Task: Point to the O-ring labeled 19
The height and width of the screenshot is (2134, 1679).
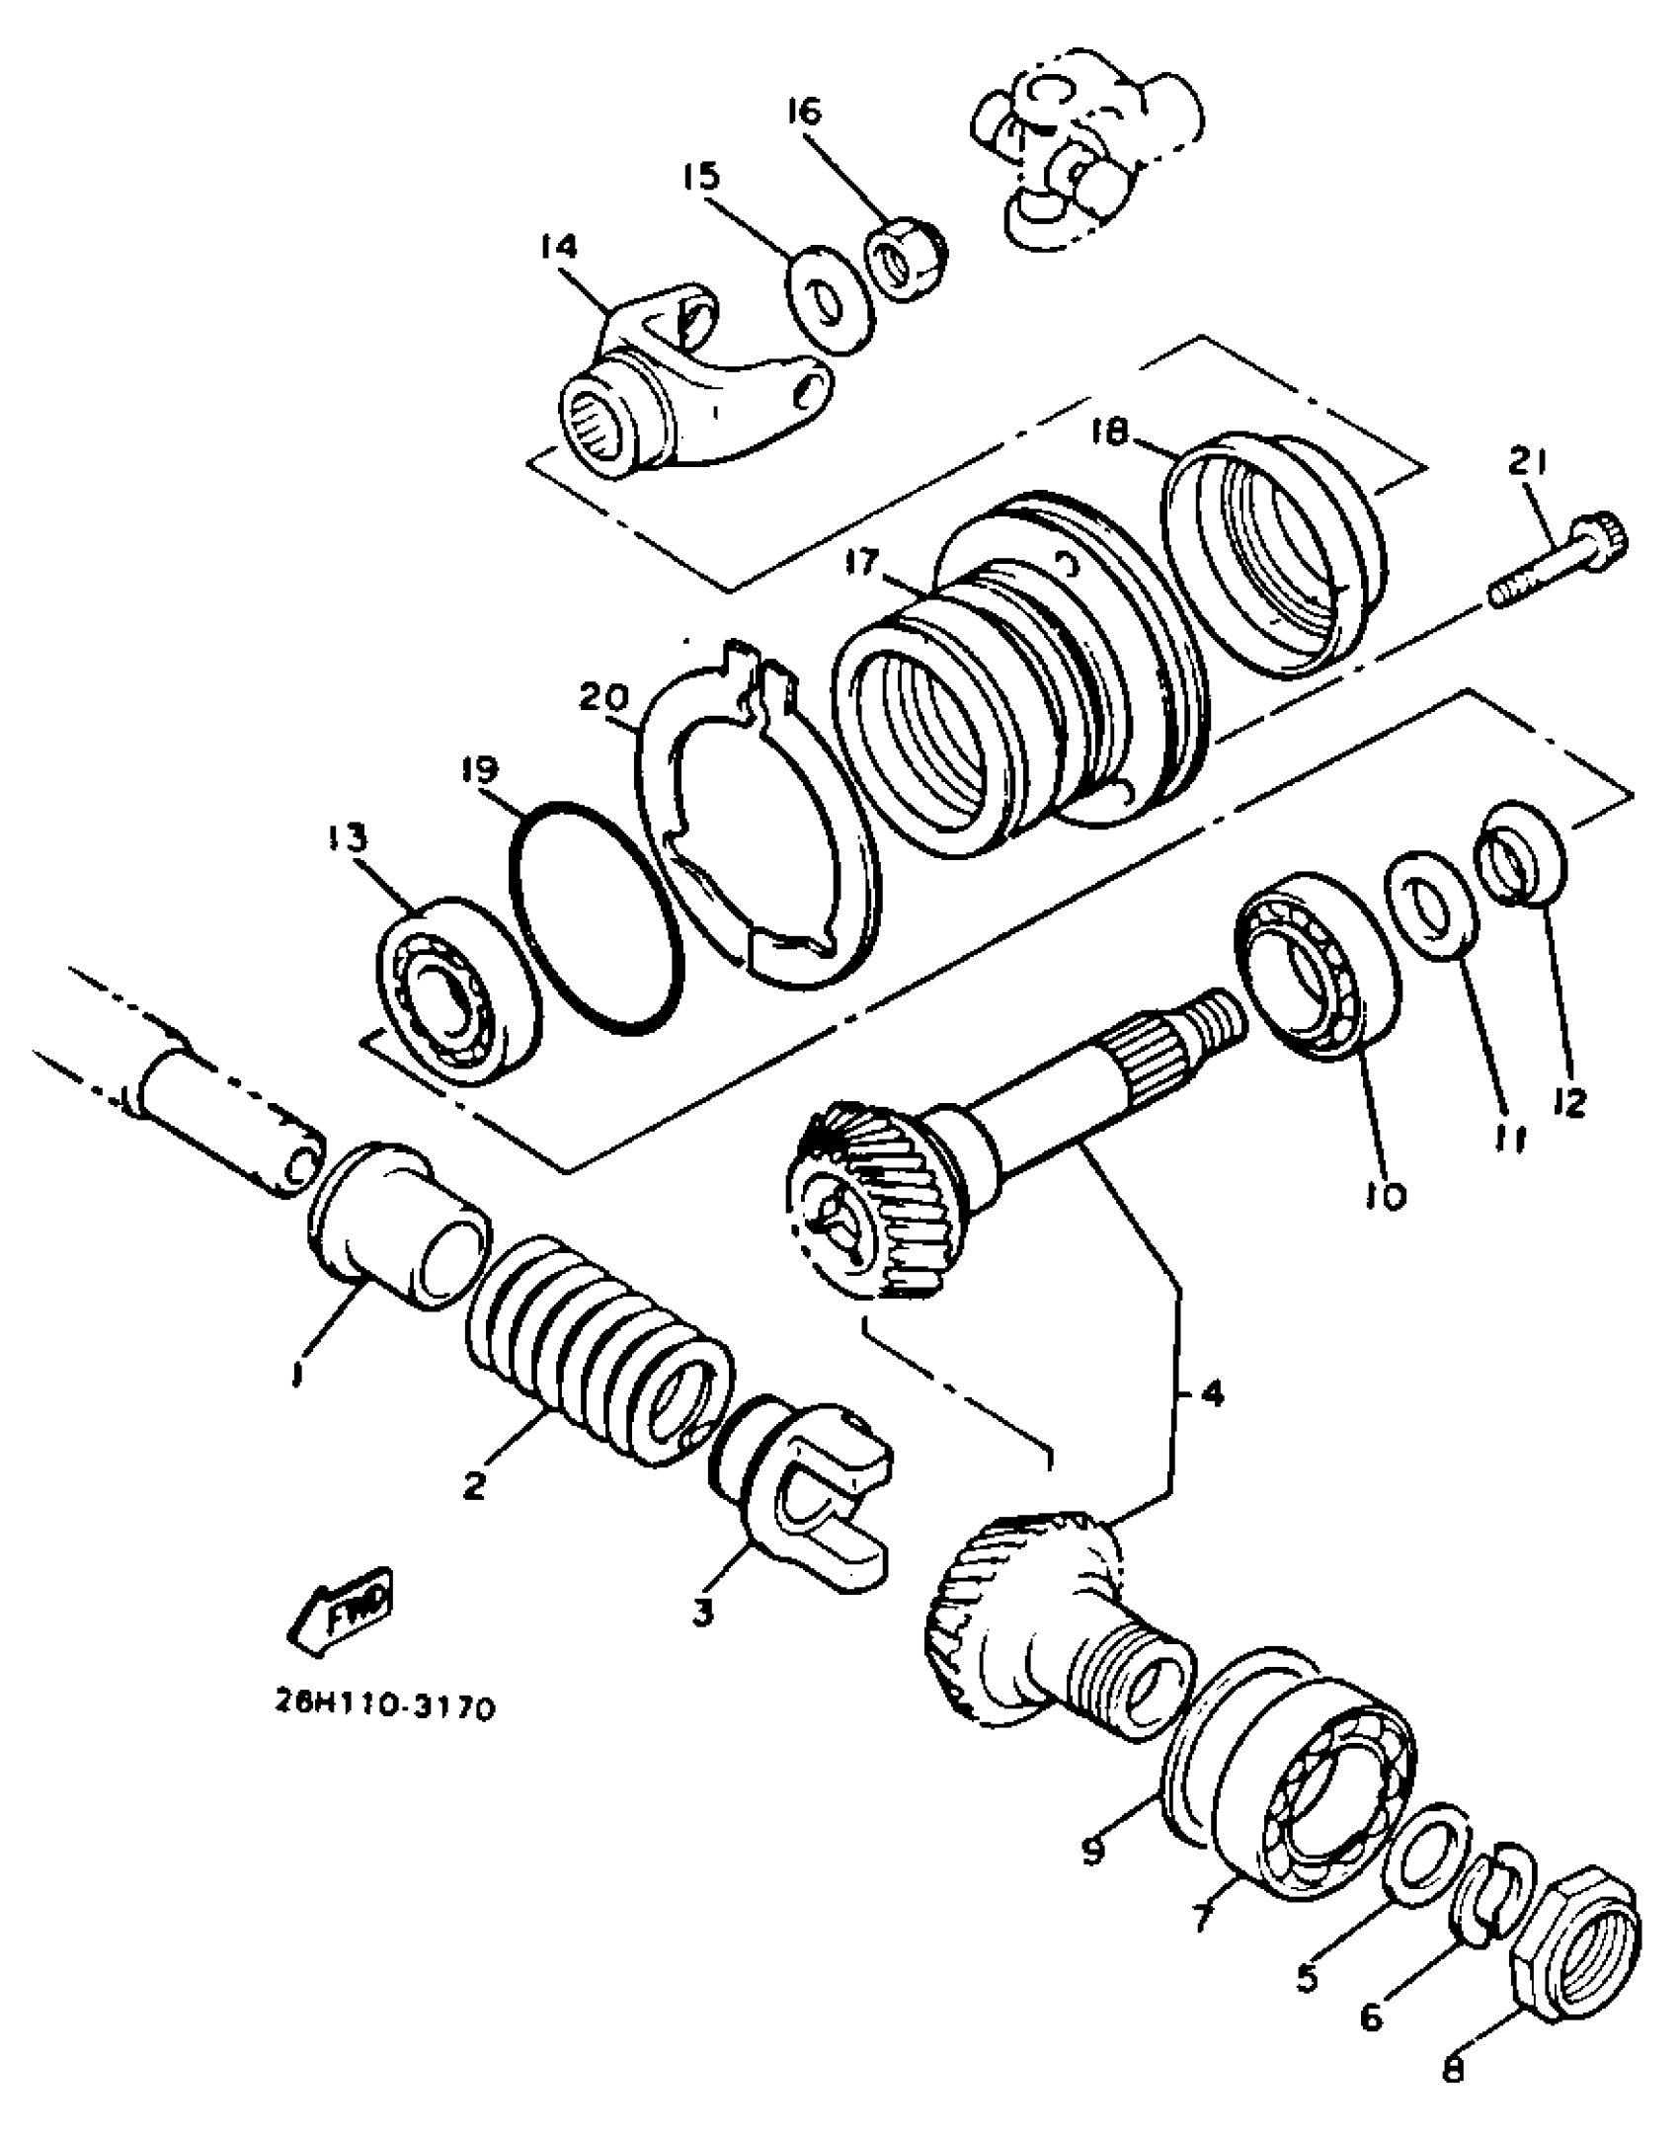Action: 597,917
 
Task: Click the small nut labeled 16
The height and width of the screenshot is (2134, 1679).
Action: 906,261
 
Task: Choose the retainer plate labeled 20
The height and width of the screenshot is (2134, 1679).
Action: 756,830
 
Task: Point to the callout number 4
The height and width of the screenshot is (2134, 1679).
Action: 1211,1393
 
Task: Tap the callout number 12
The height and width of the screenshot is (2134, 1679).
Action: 1568,1100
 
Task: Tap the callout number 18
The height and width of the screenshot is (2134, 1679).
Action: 1112,433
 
